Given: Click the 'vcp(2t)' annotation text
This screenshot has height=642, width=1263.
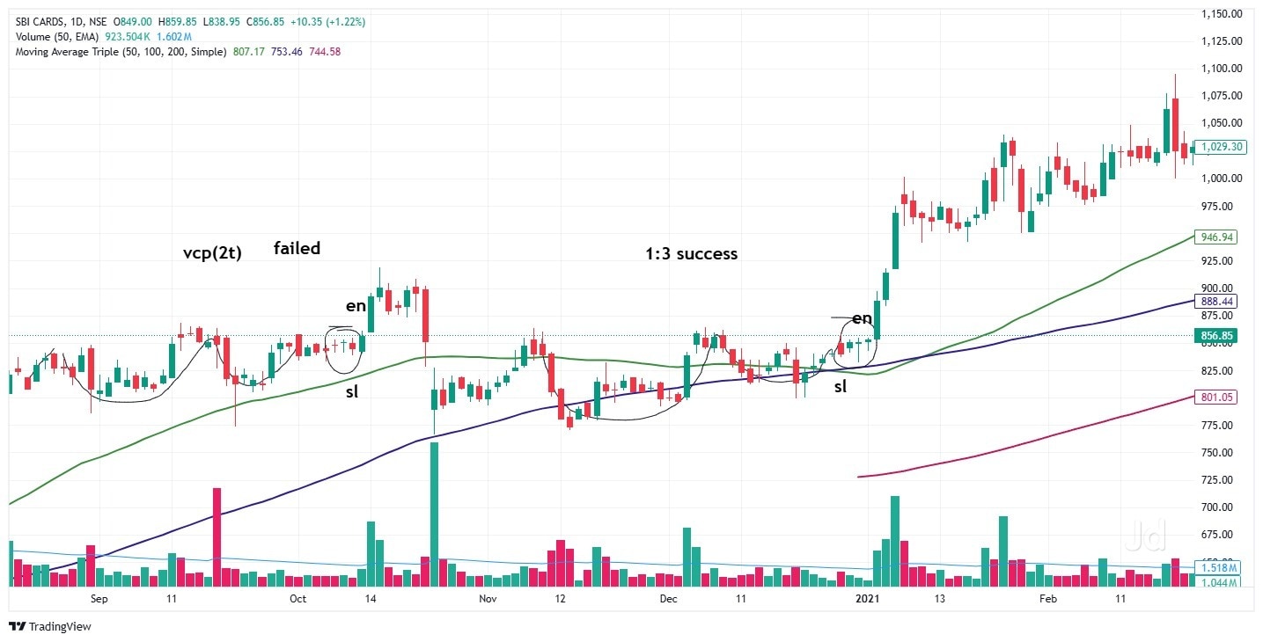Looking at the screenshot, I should (211, 252).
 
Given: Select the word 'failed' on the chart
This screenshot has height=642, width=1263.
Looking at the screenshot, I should (297, 248).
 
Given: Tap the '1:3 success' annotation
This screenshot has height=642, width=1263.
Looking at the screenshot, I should (692, 254).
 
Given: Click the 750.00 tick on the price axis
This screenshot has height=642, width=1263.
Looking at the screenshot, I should (1223, 453).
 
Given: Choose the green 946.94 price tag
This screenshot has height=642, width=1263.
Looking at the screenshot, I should (1218, 237).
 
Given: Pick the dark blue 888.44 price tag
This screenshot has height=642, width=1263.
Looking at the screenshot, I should (1218, 301).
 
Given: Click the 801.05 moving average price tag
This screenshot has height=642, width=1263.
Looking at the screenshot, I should (1218, 398).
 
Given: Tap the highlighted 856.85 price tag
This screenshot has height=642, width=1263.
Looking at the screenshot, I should (1218, 335).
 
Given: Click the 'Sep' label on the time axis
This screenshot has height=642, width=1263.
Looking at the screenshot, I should (99, 599).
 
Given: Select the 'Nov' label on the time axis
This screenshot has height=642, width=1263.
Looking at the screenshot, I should (488, 599).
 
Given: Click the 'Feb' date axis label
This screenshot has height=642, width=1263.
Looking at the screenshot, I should (1047, 599).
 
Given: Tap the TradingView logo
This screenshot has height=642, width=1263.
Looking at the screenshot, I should (50, 627).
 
